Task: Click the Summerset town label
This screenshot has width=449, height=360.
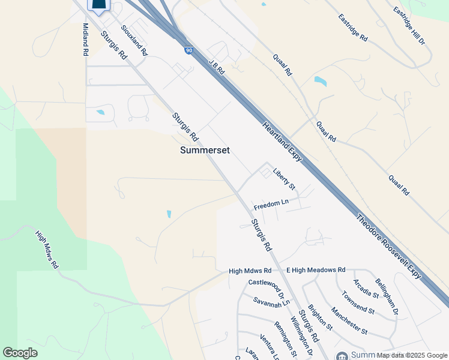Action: pyautogui.click(x=205, y=150)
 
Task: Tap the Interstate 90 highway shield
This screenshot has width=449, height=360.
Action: pyautogui.click(x=189, y=51)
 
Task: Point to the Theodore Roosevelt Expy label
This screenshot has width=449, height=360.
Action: pyautogui.click(x=389, y=246)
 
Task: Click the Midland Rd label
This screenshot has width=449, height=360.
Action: pyautogui.click(x=85, y=40)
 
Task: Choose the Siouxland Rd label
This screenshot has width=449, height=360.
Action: pyautogui.click(x=134, y=40)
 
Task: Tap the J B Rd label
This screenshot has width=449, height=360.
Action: pyautogui.click(x=217, y=67)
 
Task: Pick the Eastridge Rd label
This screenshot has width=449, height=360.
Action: pyautogui.click(x=352, y=27)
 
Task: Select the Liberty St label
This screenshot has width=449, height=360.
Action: pyautogui.click(x=284, y=179)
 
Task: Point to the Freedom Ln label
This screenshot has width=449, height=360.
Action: pyautogui.click(x=271, y=205)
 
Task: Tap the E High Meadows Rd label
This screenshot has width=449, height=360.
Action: pyautogui.click(x=316, y=271)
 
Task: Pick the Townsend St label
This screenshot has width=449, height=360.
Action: pyautogui.click(x=358, y=303)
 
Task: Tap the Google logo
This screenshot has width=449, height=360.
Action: pyautogui.click(x=20, y=353)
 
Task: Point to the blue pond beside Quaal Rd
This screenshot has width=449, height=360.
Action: pyautogui.click(x=321, y=81)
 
